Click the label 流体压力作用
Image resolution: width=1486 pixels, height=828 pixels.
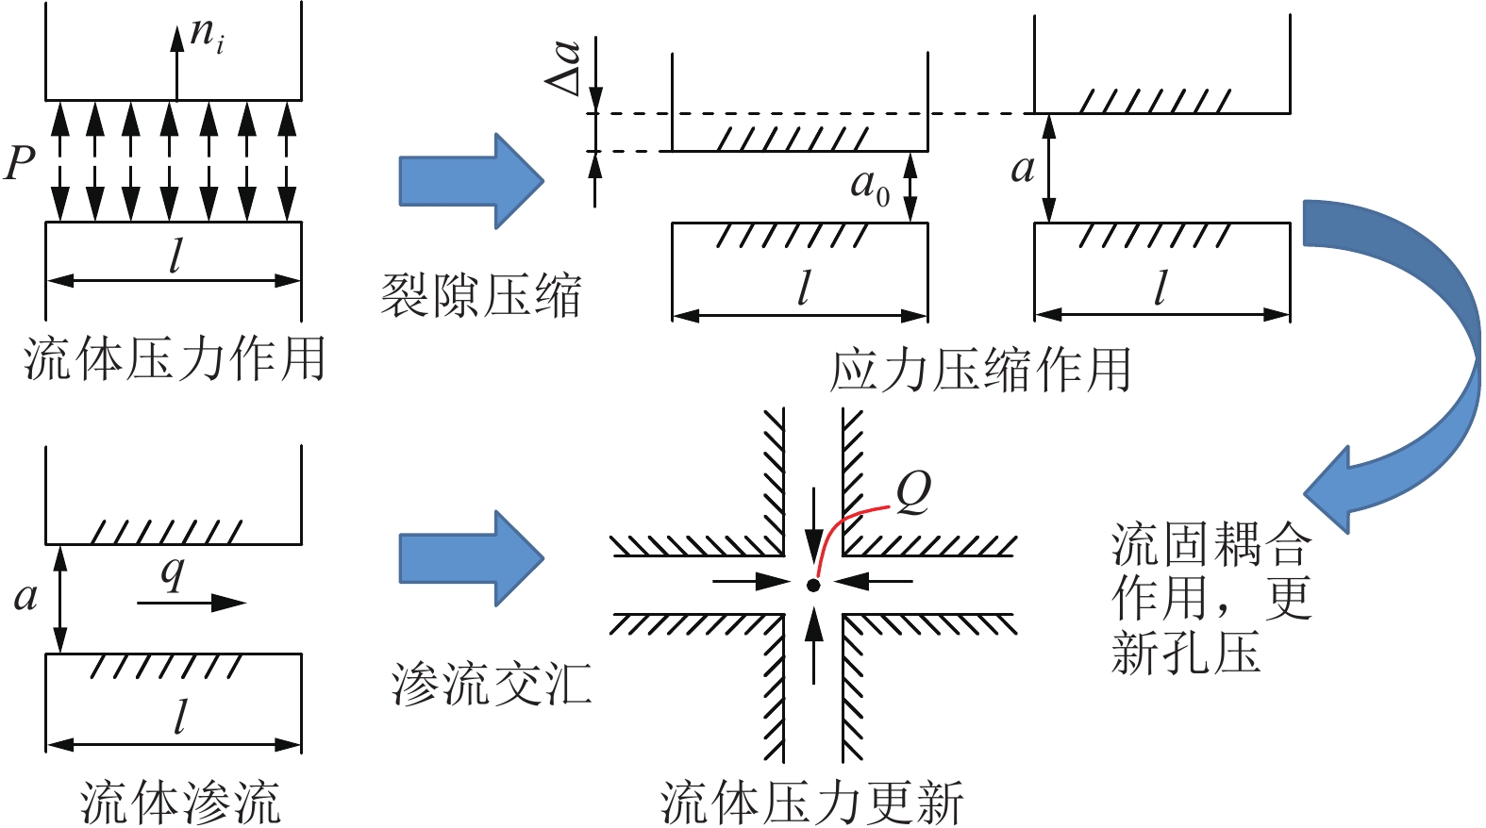(x=175, y=359)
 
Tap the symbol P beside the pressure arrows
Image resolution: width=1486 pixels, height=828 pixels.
(x=20, y=163)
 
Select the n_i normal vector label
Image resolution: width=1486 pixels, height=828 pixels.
(x=207, y=35)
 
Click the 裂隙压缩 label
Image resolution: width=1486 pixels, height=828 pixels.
(x=480, y=295)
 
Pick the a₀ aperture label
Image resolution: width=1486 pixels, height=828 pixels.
(x=870, y=186)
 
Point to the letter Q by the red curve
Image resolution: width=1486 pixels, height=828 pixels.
(x=912, y=491)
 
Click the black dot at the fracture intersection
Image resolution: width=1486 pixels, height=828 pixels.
(x=813, y=586)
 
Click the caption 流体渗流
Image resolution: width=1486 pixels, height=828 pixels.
(x=180, y=802)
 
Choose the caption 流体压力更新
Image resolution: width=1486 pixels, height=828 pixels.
(x=811, y=803)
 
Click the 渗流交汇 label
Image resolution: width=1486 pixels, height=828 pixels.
(x=492, y=684)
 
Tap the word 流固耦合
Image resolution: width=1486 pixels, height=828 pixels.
(x=1211, y=544)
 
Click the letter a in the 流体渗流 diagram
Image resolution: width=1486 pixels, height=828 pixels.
(x=25, y=596)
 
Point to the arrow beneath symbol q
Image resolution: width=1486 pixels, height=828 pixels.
(x=192, y=603)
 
